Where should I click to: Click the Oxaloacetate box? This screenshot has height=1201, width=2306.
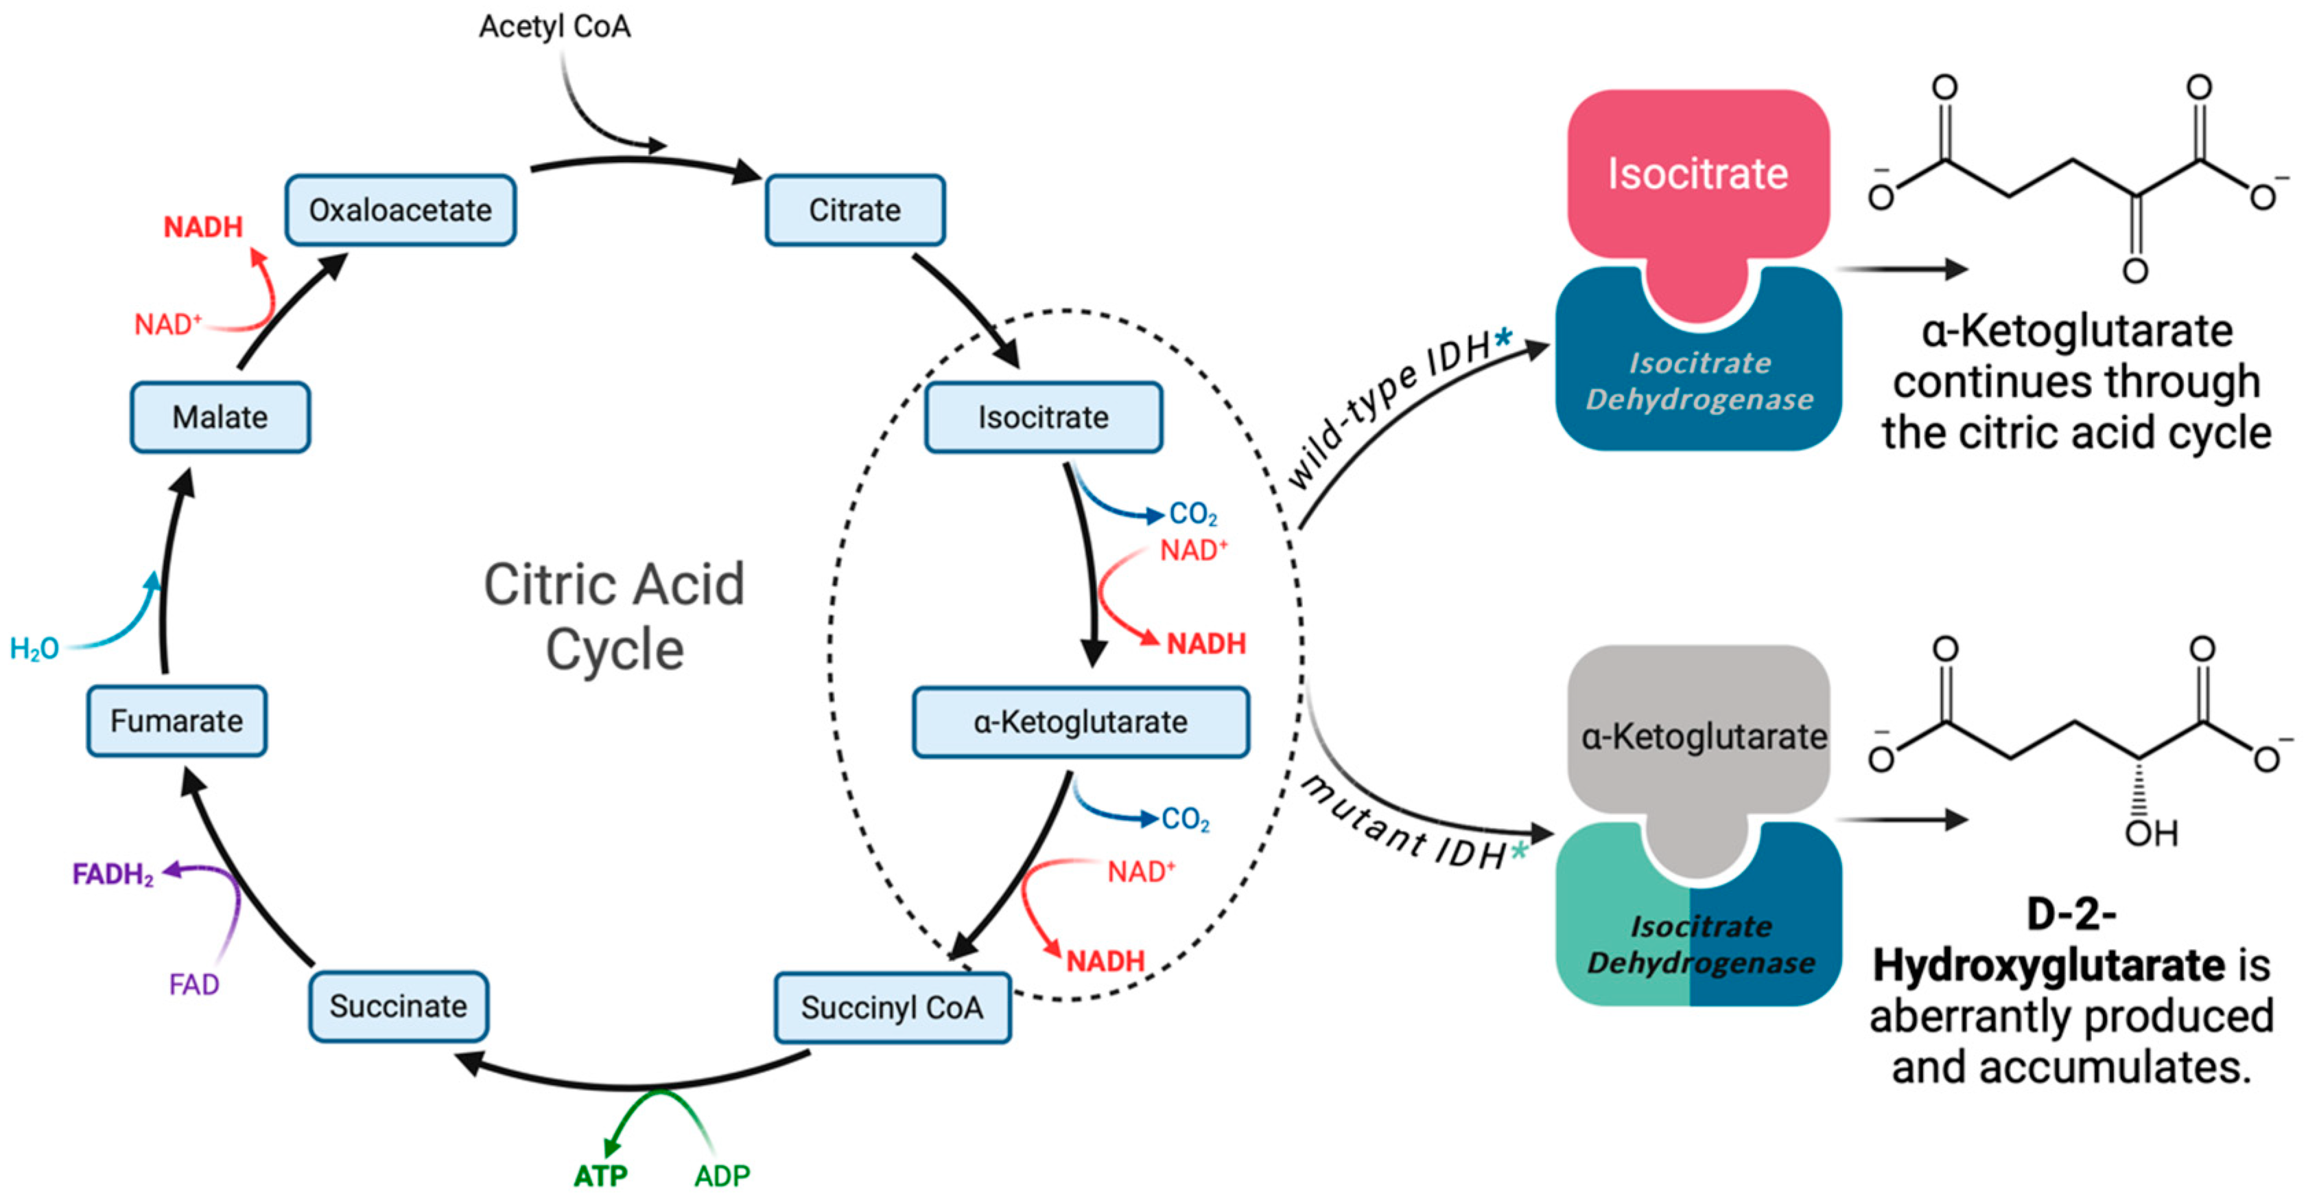point(400,210)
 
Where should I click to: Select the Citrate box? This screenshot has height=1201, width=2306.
point(854,210)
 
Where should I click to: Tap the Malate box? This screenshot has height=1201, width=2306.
point(220,418)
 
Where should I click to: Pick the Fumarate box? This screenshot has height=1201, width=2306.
point(176,721)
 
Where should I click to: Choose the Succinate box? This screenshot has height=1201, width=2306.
point(399,1007)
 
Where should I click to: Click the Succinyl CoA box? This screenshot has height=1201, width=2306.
point(893,1007)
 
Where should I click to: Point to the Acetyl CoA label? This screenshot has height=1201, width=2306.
point(555,27)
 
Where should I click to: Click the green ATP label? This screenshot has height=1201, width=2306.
point(600,1175)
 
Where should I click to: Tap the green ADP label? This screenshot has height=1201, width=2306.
point(722,1175)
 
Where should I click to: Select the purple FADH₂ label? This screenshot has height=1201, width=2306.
point(113,874)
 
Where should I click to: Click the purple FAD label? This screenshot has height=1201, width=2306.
point(193,985)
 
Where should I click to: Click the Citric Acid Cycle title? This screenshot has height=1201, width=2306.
point(614,616)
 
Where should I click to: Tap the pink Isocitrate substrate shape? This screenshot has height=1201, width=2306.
point(1698,174)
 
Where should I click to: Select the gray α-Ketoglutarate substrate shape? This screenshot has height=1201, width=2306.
point(1698,736)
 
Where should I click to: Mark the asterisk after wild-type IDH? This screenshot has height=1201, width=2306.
point(1503,338)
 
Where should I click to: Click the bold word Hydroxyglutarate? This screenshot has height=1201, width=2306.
point(2049,965)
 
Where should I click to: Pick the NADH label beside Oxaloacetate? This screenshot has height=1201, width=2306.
point(203,227)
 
